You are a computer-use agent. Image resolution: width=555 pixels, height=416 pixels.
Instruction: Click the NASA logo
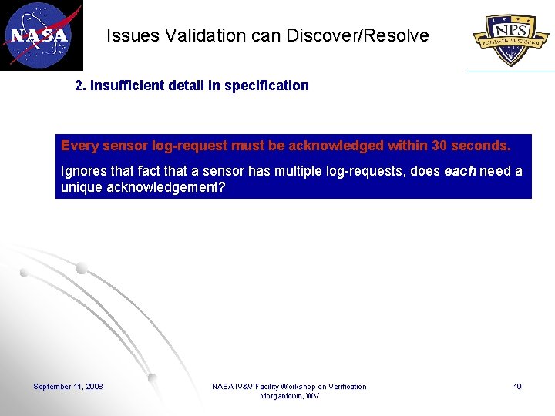[40, 35]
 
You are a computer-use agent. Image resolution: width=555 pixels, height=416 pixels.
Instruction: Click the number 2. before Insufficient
[80, 86]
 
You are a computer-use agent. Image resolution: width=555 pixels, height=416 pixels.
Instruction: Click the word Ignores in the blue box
[82, 171]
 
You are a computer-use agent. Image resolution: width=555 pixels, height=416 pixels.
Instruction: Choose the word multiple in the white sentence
[294, 171]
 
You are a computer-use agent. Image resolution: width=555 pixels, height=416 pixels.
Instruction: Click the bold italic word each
[460, 171]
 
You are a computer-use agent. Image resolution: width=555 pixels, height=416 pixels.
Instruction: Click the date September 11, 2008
[68, 386]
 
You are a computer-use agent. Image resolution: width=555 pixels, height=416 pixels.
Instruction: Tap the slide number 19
[518, 386]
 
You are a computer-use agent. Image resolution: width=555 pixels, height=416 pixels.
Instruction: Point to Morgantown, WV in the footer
[289, 396]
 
